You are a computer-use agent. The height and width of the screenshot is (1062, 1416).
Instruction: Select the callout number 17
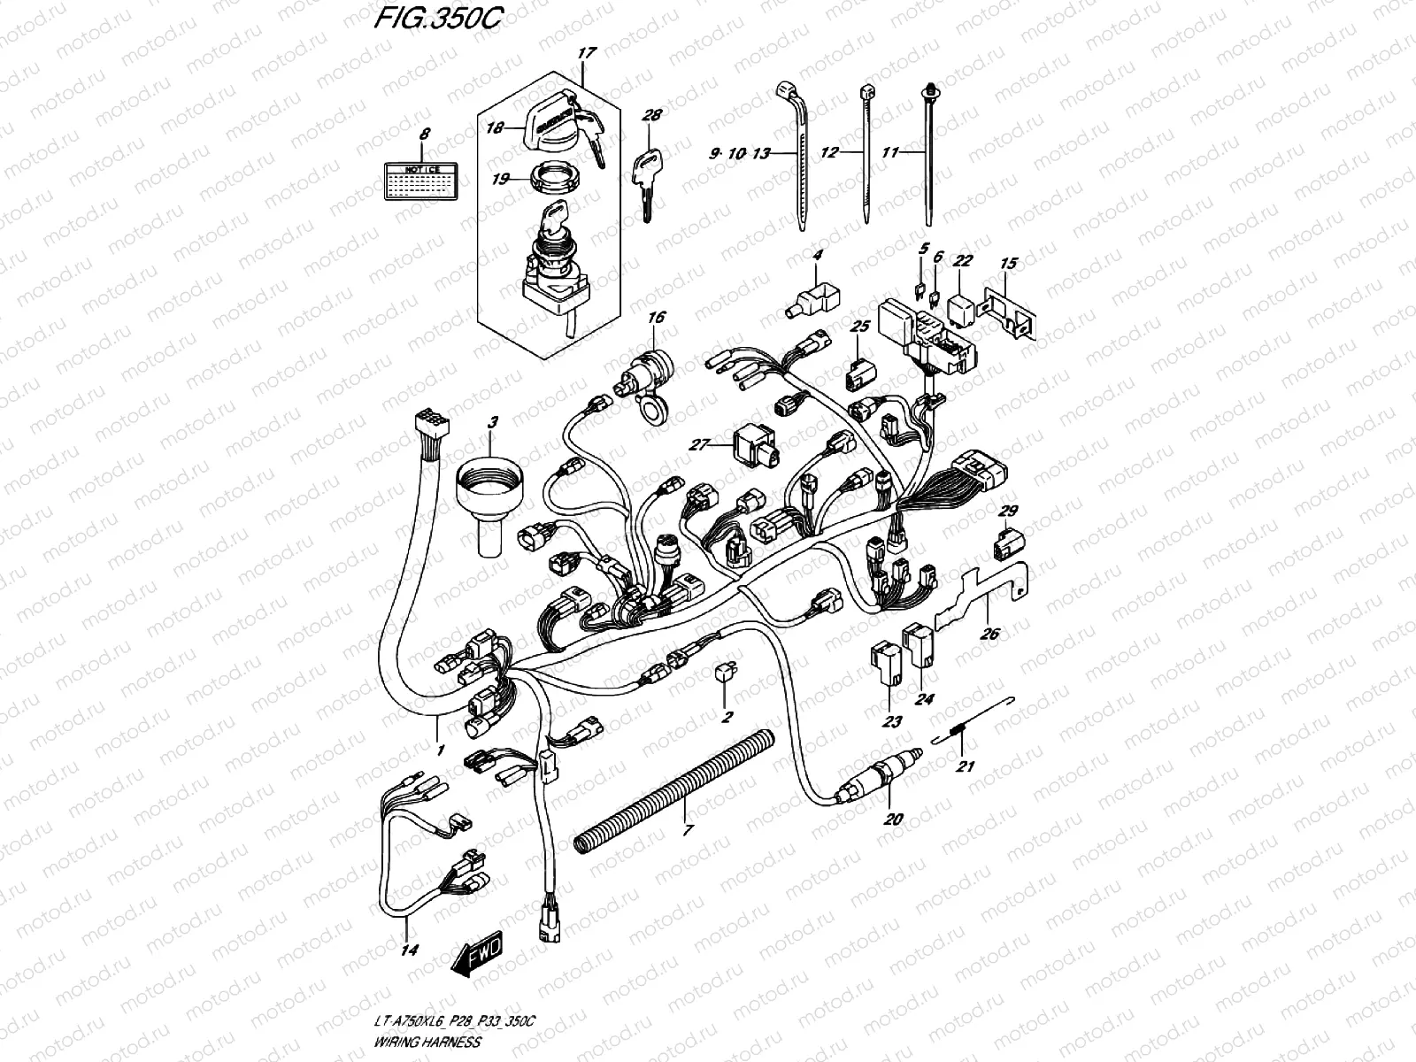[583, 53]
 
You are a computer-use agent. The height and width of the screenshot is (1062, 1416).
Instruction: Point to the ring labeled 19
[554, 181]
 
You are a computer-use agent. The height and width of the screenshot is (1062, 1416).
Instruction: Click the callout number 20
[893, 820]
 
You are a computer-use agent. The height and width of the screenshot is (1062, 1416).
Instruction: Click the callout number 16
[656, 317]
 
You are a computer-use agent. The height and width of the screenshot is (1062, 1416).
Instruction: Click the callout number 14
[410, 950]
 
